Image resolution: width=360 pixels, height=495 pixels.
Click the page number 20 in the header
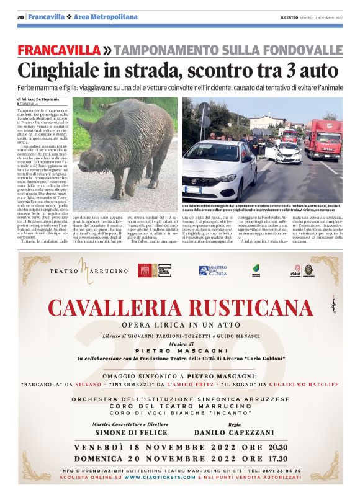(x=20, y=17)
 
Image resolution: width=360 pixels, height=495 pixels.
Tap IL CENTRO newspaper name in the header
(x=289, y=17)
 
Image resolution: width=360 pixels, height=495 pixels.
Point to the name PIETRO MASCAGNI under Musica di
(x=180, y=350)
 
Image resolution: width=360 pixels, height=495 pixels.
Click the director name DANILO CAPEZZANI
(x=234, y=432)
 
